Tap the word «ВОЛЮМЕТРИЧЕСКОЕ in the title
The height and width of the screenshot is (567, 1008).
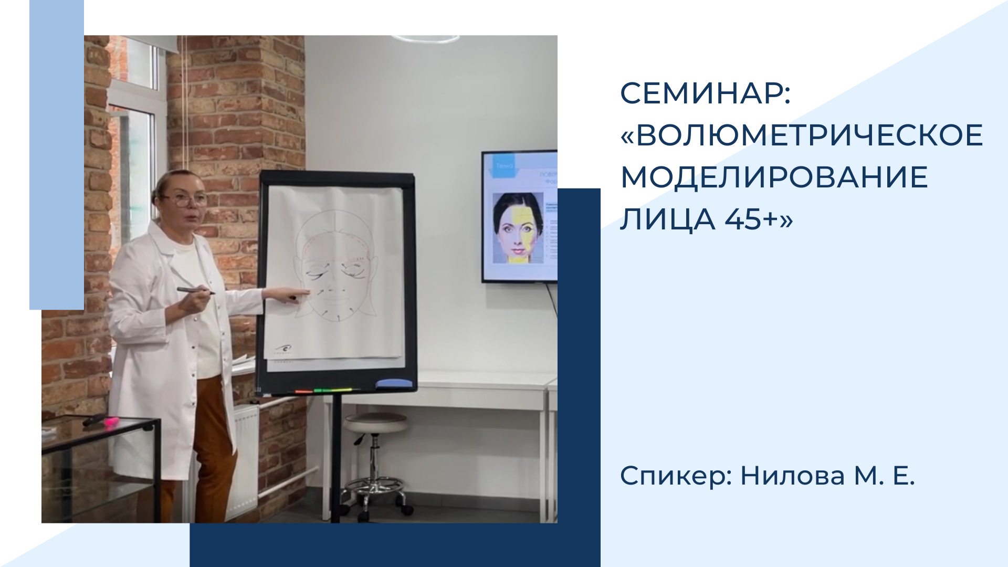point(801,135)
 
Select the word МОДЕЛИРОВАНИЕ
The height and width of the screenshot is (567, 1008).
point(774,177)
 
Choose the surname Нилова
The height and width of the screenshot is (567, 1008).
point(792,476)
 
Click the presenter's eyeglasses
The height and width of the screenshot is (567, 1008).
point(186,200)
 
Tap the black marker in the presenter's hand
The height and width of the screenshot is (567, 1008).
point(195,290)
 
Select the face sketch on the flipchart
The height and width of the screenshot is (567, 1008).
point(334,273)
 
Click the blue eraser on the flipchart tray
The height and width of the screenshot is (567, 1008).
point(394,383)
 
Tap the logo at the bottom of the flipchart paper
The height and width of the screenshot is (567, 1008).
point(285,350)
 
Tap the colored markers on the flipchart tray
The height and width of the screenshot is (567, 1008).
point(323,391)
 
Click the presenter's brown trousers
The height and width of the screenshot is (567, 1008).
point(213,446)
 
